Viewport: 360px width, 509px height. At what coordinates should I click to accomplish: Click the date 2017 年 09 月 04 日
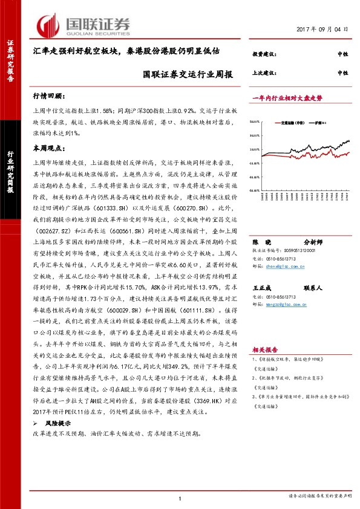coord(322,29)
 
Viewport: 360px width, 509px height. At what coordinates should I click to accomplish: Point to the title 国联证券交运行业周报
coord(188,76)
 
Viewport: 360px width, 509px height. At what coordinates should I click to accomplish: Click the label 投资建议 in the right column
coord(264,54)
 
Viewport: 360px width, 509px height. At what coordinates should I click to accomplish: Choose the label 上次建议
coord(264,73)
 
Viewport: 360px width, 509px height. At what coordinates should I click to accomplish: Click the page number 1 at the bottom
coord(180,498)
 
